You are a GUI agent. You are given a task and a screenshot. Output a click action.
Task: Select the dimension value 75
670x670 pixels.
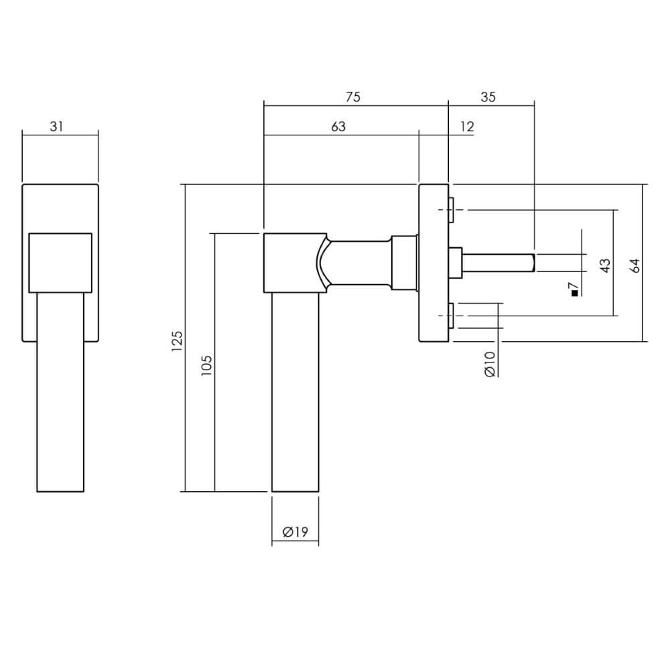pos(353,96)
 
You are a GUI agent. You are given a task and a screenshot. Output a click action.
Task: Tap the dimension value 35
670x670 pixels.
pos(488,96)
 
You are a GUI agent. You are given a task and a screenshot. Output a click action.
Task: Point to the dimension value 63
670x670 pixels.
pos(338,127)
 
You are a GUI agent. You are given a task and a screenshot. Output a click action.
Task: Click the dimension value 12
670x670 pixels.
pos(467,127)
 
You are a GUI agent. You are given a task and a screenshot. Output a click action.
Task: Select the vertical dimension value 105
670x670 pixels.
pos(207,364)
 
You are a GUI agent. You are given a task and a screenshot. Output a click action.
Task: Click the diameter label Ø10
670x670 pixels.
pos(490,363)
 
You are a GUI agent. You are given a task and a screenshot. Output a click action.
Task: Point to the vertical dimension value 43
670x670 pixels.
pos(605,265)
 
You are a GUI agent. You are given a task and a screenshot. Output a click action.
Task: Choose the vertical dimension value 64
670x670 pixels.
pos(636,265)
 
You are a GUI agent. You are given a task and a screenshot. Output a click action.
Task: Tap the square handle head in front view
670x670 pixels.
pos(60,262)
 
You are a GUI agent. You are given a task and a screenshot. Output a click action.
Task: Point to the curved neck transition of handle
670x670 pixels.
pos(322,263)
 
